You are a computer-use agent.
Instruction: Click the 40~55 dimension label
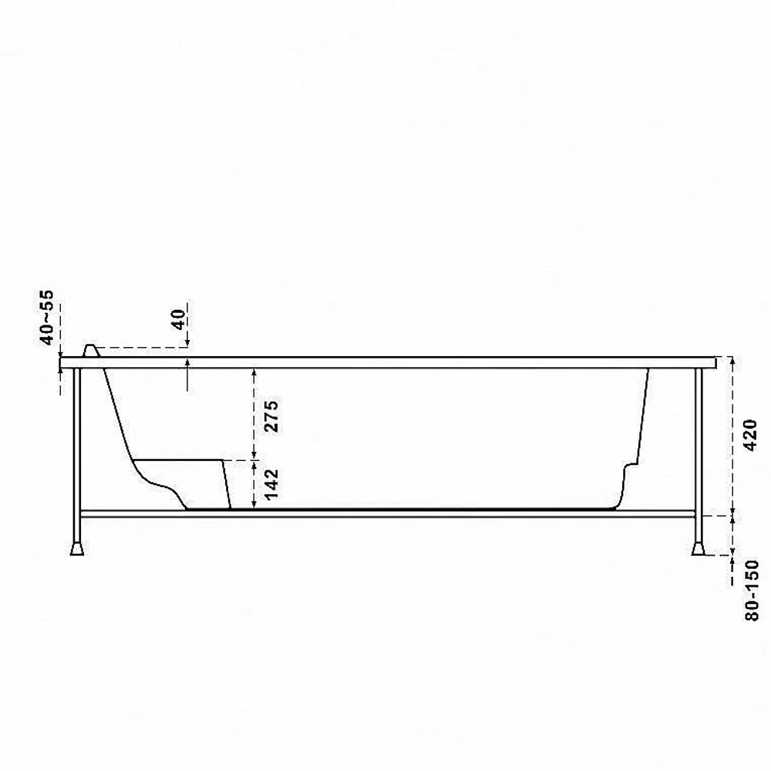(47, 318)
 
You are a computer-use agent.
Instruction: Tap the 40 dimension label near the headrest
(179, 320)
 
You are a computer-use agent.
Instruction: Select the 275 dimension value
(271, 416)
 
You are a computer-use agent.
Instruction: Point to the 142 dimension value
(271, 485)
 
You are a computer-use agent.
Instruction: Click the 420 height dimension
(751, 435)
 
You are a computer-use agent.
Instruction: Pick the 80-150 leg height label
(752, 591)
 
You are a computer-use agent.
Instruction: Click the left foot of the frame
(76, 549)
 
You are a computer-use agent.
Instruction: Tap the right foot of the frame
(699, 549)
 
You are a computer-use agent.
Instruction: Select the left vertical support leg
(76, 456)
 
